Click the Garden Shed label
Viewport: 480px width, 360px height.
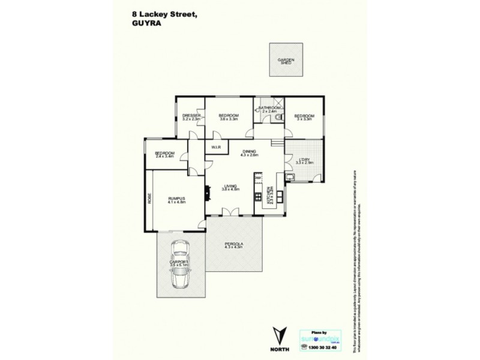pyautogui.click(x=286, y=61)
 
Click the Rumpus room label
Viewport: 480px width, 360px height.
pyautogui.click(x=176, y=201)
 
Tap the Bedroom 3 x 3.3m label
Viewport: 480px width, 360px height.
pyautogui.click(x=304, y=117)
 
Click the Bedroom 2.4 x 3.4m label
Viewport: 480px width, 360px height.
pyautogui.click(x=164, y=155)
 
